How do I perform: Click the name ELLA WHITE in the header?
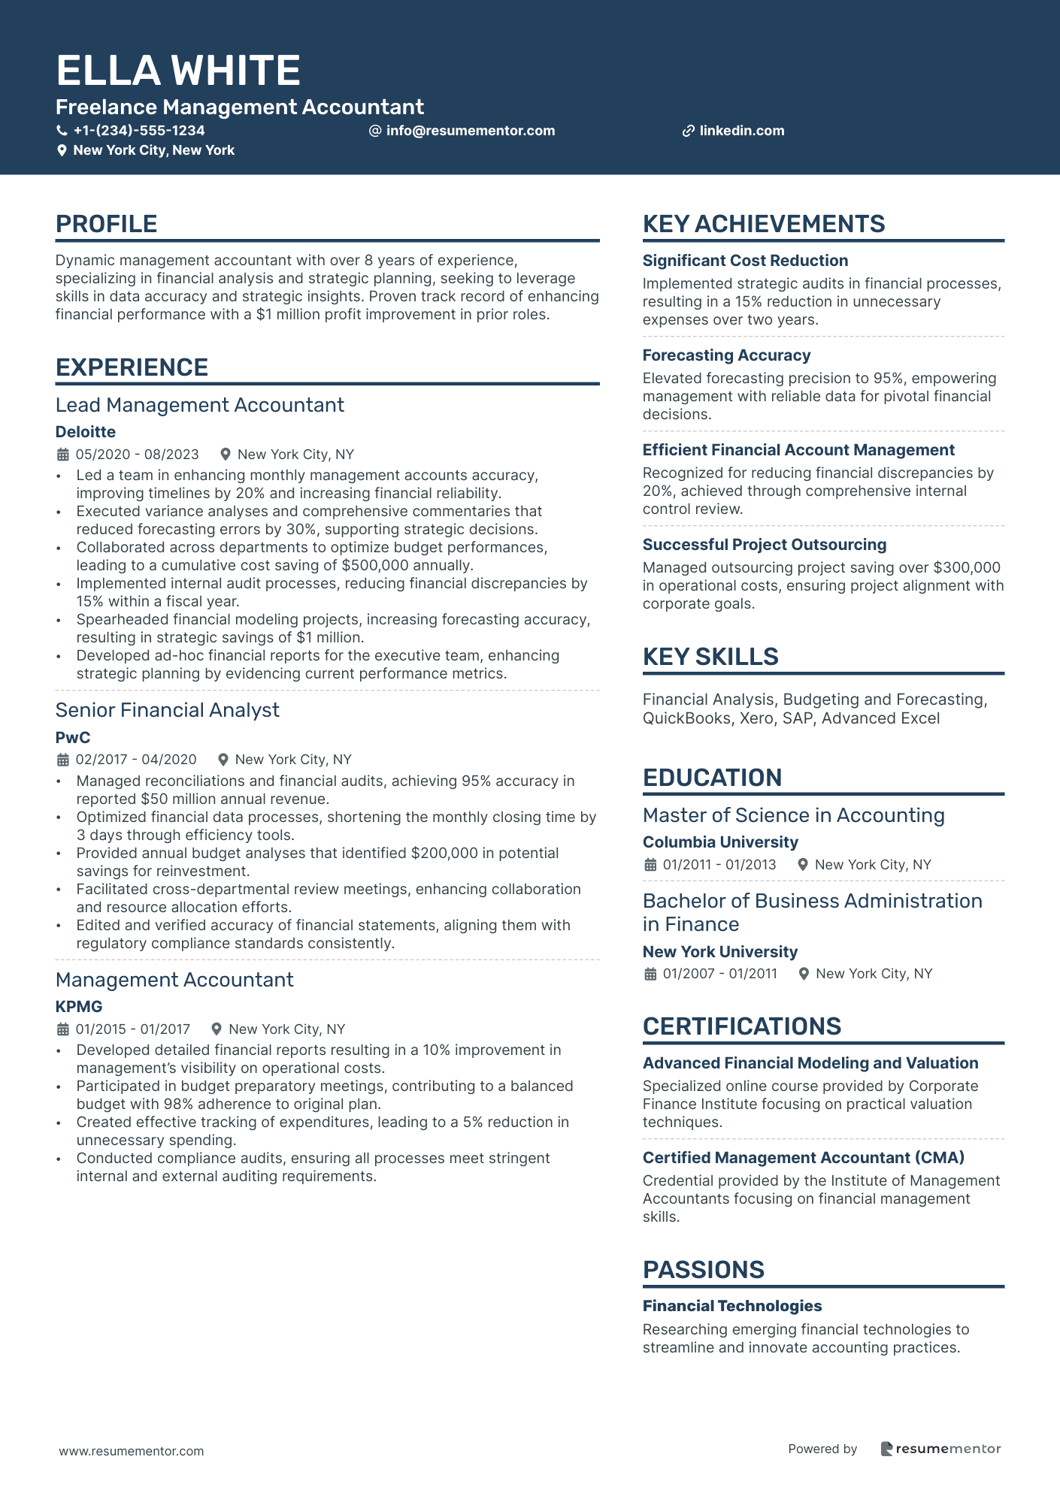(x=178, y=71)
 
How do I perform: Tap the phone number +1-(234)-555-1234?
(x=138, y=131)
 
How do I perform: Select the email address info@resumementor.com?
(x=470, y=131)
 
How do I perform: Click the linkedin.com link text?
(x=741, y=131)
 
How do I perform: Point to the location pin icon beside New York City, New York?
(x=62, y=150)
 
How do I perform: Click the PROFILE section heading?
(x=107, y=224)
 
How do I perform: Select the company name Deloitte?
(x=86, y=432)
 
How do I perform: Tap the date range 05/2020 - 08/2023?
(x=137, y=455)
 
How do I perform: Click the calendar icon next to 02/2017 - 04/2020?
(x=63, y=760)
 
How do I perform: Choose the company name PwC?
(x=73, y=738)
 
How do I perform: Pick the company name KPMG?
(x=79, y=1007)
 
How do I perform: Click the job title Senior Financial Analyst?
(x=168, y=710)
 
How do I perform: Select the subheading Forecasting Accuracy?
(x=726, y=355)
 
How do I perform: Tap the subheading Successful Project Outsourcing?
(x=765, y=545)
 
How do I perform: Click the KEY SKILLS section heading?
(x=710, y=657)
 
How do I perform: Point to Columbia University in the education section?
(x=720, y=842)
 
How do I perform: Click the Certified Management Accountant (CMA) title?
(x=804, y=1158)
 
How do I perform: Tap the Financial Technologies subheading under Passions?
(x=732, y=1306)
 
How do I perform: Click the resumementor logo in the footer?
(x=940, y=1449)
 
